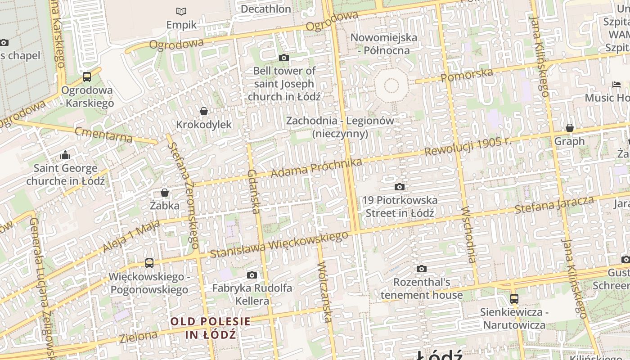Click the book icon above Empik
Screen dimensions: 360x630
181,11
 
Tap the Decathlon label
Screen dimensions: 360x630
265,9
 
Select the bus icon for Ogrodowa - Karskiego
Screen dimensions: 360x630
87,77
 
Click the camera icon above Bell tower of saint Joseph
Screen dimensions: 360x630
283,58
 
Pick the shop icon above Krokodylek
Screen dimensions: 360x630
204,111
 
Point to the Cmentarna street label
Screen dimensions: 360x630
103,135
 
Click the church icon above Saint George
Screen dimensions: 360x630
65,155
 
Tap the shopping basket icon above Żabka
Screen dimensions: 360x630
165,193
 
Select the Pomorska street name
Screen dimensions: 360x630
467,75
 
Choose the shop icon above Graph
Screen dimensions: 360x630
570,128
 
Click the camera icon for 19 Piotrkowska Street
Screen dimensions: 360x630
399,187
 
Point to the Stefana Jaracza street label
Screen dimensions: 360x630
554,205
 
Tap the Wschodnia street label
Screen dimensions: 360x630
468,234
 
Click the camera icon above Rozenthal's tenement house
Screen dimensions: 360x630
421,269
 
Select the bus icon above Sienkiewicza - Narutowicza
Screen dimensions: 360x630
514,298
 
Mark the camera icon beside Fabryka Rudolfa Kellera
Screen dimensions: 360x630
252,275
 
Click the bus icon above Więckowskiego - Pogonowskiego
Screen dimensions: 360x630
149,263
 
